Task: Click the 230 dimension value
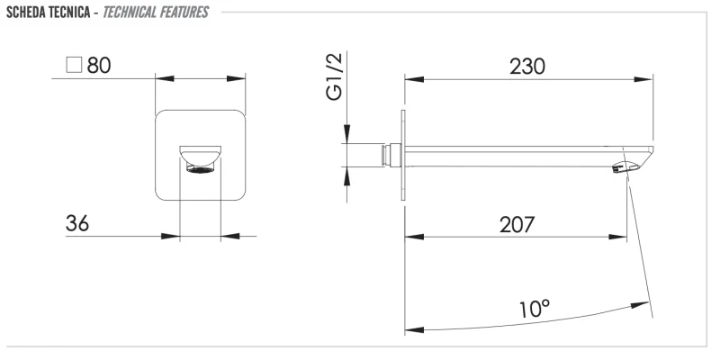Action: pyautogui.click(x=527, y=67)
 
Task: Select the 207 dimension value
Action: pyautogui.click(x=517, y=224)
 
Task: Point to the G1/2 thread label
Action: pyautogui.click(x=334, y=76)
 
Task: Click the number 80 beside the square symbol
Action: pyautogui.click(x=99, y=65)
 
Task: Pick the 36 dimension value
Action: pyautogui.click(x=77, y=223)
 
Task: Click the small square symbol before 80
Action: pyautogui.click(x=74, y=65)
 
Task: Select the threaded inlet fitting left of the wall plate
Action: pyautogui.click(x=391, y=155)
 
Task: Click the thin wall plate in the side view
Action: pyautogui.click(x=403, y=155)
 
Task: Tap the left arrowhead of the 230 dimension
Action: pyautogui.click(x=414, y=79)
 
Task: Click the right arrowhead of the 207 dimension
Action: pyautogui.click(x=617, y=237)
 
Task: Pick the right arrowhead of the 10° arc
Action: pyautogui.click(x=640, y=305)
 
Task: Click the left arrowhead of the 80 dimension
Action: pyautogui.click(x=165, y=78)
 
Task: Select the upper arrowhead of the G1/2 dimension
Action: pyautogui.click(x=347, y=133)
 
